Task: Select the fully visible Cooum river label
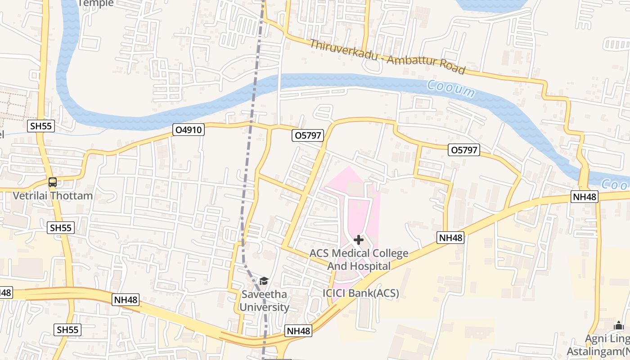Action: coord(450,89)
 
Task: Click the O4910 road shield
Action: coord(189,130)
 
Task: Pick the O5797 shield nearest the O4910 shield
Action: coord(308,135)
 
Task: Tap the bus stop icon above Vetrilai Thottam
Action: coord(53,183)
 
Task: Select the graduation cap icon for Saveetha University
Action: coord(264,281)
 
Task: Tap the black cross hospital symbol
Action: coord(359,240)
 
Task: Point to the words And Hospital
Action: coord(359,266)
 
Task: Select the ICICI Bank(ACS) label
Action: coord(360,293)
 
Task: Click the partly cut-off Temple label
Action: coord(95,3)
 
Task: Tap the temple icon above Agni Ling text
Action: coord(619,326)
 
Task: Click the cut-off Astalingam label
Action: coord(598,351)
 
